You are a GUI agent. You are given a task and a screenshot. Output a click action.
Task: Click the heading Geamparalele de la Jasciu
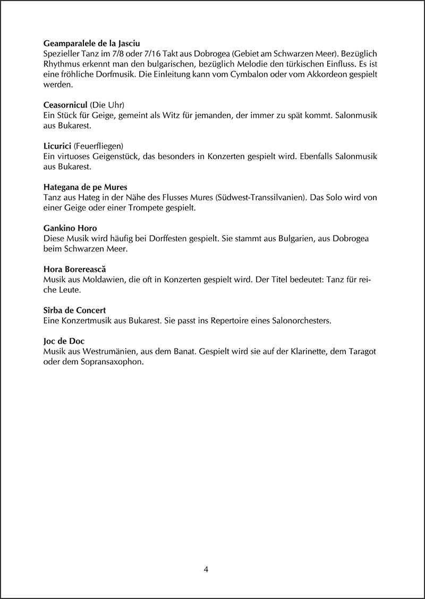tap(91, 43)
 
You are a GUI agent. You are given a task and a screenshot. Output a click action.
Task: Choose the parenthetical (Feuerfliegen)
tap(99, 146)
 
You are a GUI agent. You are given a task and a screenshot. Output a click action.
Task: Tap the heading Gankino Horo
tap(70, 228)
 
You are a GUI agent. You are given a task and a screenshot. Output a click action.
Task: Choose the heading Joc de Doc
tap(64, 341)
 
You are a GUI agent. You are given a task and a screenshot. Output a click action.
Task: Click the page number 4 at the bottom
tap(207, 570)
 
